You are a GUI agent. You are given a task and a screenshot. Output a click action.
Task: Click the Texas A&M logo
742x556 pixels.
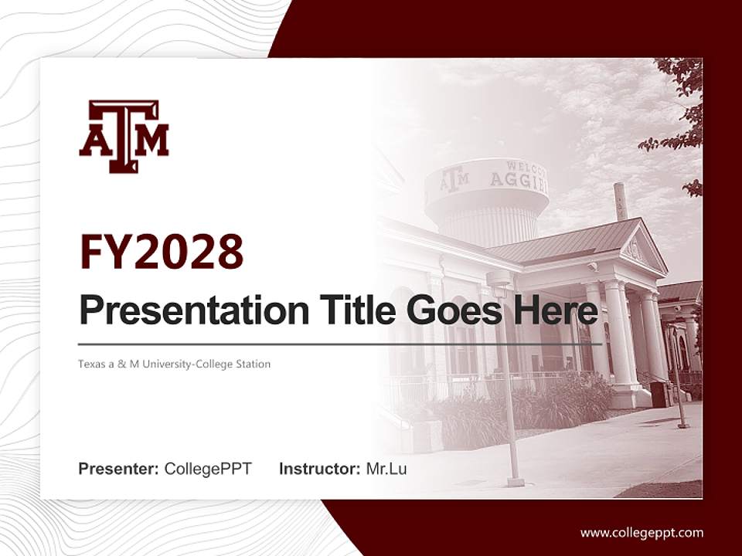tap(124, 136)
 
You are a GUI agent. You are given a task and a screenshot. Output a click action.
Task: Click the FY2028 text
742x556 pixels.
tap(162, 252)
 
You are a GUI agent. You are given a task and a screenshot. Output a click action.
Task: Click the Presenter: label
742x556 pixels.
tap(119, 469)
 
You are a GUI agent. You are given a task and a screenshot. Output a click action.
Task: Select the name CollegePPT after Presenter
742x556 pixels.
tap(208, 469)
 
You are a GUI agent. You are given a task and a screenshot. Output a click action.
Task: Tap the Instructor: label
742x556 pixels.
tap(319, 469)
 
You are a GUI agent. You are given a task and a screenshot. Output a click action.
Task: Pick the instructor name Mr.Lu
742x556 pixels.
tap(386, 469)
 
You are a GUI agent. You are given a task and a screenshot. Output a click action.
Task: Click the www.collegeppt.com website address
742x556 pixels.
tap(642, 532)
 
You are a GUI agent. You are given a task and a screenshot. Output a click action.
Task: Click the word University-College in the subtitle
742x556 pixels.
tap(192, 364)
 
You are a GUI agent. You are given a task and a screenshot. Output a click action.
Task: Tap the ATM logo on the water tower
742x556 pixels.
tap(454, 178)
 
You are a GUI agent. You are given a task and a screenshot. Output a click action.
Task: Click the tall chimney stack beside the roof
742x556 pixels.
tap(620, 202)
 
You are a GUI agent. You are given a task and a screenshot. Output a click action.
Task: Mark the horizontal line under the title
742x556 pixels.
tap(340, 344)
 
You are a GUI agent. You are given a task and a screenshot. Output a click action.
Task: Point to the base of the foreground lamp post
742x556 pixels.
tap(516, 482)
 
